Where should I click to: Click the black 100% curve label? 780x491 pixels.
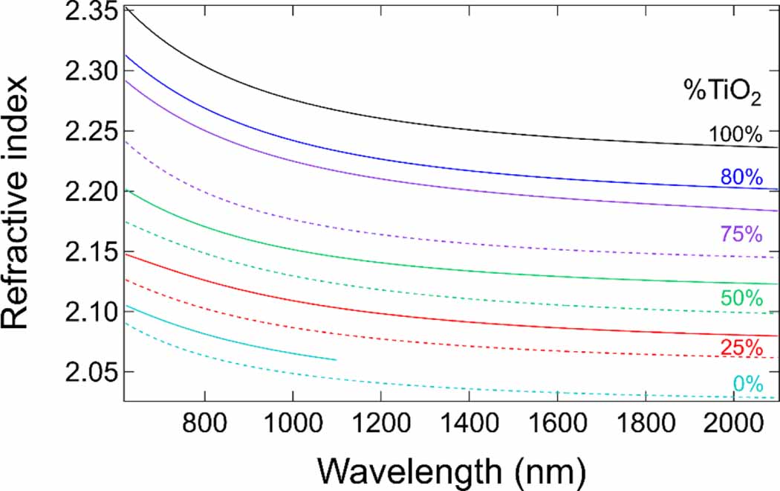(735, 135)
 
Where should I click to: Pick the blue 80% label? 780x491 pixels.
(741, 177)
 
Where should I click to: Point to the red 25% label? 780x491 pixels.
(741, 347)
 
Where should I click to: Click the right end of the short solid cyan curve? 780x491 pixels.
(336, 360)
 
